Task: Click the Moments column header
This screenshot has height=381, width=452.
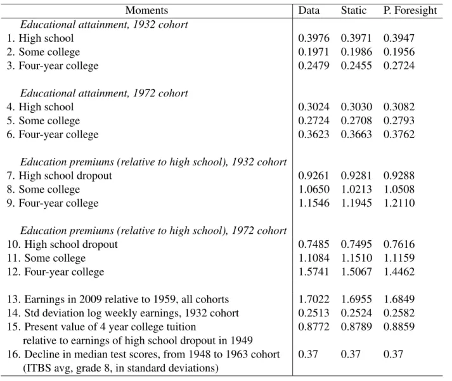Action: (146, 10)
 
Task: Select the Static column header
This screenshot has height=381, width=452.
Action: (353, 10)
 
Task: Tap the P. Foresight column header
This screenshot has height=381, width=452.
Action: (410, 10)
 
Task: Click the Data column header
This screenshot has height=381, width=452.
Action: (309, 10)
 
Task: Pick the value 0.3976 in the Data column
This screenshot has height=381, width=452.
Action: (314, 38)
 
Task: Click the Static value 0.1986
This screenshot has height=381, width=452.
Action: (356, 52)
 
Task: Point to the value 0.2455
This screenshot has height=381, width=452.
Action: (356, 66)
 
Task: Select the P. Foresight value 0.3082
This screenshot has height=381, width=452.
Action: (399, 107)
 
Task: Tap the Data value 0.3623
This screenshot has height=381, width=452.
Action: (314, 134)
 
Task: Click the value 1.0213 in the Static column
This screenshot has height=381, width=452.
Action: (356, 190)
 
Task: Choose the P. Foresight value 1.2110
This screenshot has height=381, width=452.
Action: (399, 203)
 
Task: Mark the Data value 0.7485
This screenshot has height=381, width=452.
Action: (314, 245)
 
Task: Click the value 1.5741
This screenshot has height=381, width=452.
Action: (314, 272)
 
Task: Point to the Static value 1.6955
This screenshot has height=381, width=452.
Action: (356, 299)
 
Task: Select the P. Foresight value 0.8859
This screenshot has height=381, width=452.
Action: (399, 327)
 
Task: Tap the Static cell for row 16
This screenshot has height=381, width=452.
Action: (351, 354)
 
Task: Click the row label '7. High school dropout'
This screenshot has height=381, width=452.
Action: (60, 176)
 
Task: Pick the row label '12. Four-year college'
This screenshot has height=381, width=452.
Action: (56, 272)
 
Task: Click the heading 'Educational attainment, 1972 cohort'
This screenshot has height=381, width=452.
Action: (104, 93)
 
